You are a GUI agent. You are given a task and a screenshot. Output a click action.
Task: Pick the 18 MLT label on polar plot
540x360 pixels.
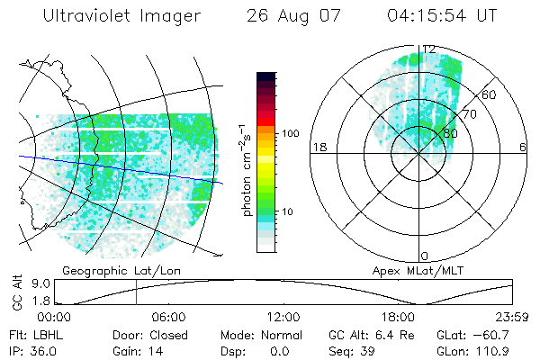(x=318, y=147)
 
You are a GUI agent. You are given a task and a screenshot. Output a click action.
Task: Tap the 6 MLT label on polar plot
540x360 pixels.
(x=522, y=147)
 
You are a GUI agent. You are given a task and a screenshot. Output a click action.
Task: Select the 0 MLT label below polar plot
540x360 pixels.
(x=425, y=256)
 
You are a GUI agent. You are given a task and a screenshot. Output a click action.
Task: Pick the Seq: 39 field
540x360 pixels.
(x=349, y=349)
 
